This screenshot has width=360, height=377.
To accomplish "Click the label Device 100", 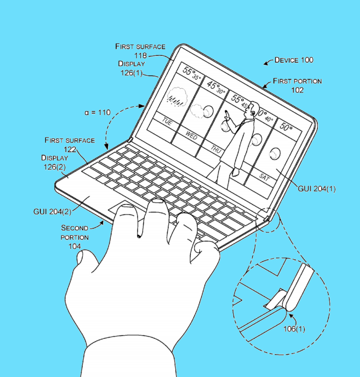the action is tap(294, 60).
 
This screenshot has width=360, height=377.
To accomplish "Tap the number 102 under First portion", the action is tap(297, 90).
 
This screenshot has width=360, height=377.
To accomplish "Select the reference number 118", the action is tap(140, 56).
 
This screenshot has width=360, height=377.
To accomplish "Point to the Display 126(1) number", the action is tap(131, 73).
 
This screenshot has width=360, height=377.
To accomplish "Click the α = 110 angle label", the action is tap(97, 112).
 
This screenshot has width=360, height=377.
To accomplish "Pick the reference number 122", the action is tap(70, 149).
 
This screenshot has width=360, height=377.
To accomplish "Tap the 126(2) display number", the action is tap(55, 167).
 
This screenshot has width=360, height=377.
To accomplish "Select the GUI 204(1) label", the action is tap(317, 189).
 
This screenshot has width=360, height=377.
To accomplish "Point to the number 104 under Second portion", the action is tap(75, 246).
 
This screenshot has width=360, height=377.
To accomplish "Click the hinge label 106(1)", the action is tap(294, 329).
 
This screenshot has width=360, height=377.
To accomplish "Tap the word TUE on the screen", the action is tap(167, 121).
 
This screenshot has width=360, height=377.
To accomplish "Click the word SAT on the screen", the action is tap(265, 177).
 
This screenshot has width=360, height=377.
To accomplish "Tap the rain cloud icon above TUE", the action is tap(177, 97).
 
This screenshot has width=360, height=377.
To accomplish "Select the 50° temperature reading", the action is tap(286, 126).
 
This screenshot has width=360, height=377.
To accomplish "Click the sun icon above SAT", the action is tap(275, 154).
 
